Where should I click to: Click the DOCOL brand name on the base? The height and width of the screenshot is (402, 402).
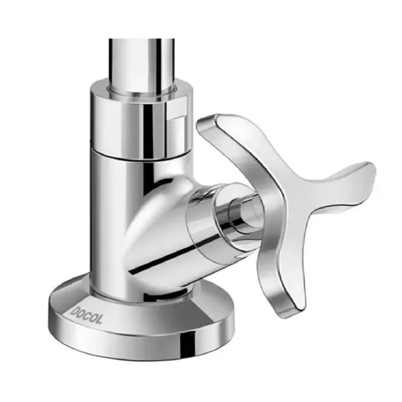[86, 314]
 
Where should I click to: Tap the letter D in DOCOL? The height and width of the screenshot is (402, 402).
[74, 311]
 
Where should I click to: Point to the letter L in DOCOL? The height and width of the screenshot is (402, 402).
[99, 319]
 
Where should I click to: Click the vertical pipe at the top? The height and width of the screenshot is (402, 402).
[141, 64]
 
